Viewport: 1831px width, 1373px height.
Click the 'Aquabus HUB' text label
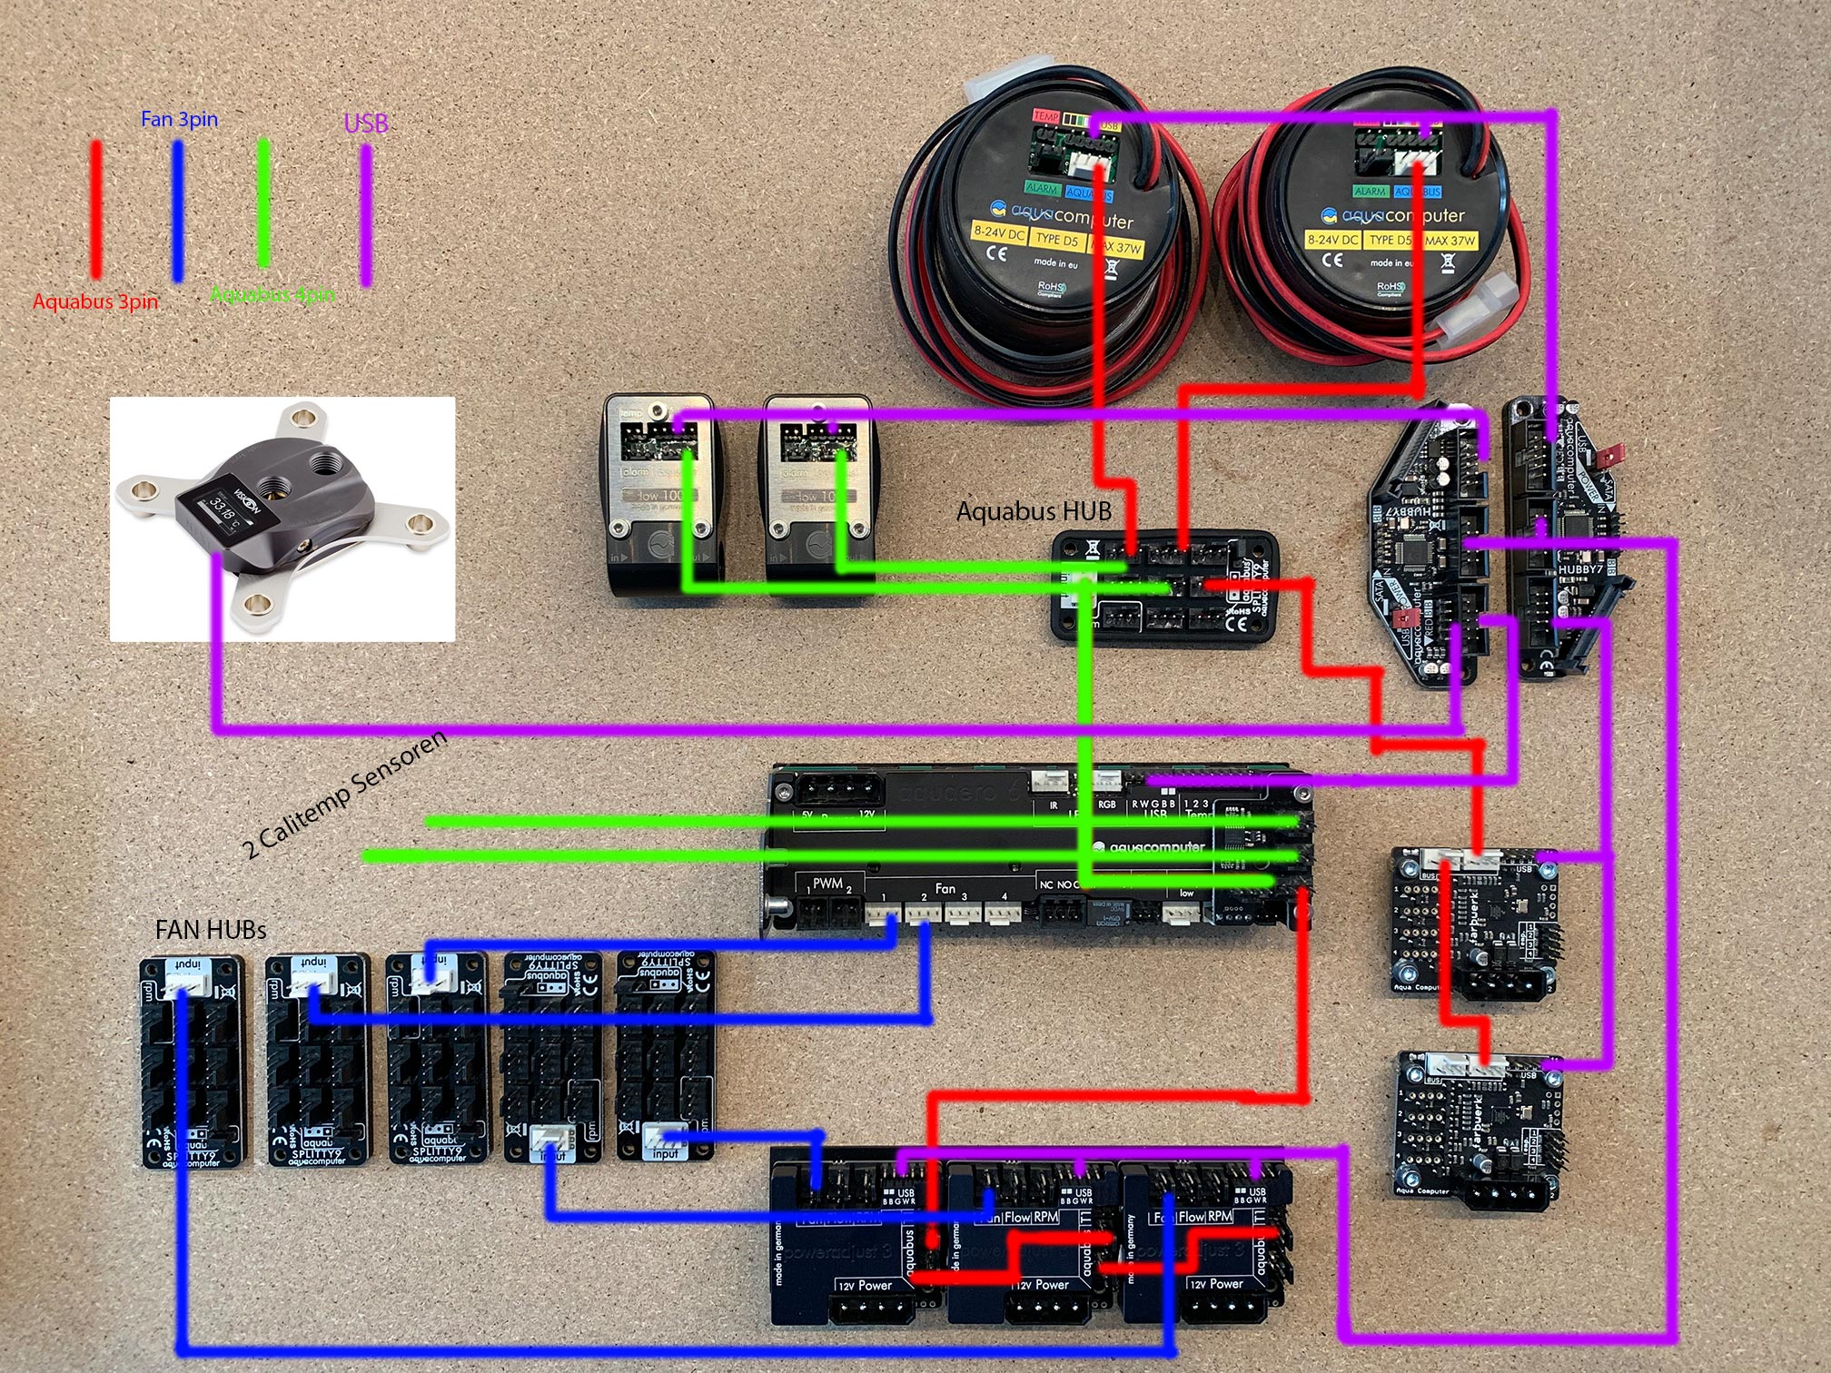pyautogui.click(x=1034, y=511)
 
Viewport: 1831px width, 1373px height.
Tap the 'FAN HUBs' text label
pyautogui.click(x=211, y=930)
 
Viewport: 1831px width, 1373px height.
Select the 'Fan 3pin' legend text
pyautogui.click(x=179, y=119)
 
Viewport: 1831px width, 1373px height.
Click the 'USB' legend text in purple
pyautogui.click(x=366, y=123)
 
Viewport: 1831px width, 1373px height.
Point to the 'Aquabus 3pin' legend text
pyautogui.click(x=95, y=301)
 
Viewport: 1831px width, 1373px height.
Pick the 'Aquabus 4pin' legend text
pyautogui.click(x=272, y=294)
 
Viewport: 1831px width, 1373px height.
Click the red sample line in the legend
pyautogui.click(x=95, y=209)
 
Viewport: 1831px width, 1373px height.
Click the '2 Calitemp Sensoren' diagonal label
pyautogui.click(x=345, y=794)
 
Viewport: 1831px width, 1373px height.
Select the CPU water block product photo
pyautogui.click(x=282, y=519)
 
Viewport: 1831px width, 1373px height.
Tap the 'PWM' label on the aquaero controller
pyautogui.click(x=827, y=884)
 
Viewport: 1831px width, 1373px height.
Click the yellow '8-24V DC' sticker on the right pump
pyautogui.click(x=1332, y=240)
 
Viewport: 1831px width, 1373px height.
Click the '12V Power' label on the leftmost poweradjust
pyautogui.click(x=865, y=1285)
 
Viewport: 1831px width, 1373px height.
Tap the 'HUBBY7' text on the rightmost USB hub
pyautogui.click(x=1580, y=569)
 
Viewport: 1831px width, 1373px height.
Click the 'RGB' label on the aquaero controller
pyautogui.click(x=1106, y=805)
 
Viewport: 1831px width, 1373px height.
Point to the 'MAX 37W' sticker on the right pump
pyautogui.click(x=1450, y=241)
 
